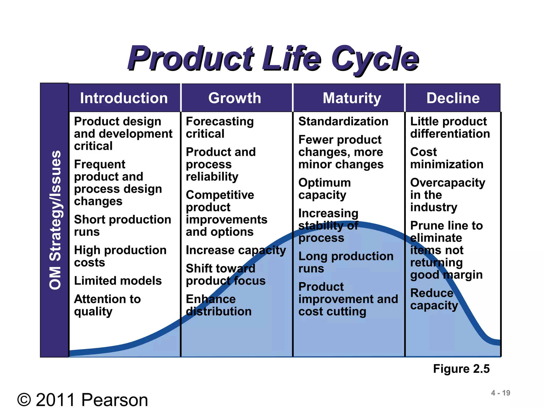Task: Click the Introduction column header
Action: pos(124,98)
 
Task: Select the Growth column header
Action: pos(235,98)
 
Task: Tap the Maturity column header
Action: pos(352,98)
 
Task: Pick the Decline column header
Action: pos(453,98)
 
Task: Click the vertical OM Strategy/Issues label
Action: pos(55,220)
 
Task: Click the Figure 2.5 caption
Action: pos(461,369)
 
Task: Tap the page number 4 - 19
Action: pos(500,393)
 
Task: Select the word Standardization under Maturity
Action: pos(343,121)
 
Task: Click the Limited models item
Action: pos(118,281)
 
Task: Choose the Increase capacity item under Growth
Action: pos(236,250)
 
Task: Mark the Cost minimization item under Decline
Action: pos(447,158)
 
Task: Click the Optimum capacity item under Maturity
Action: pos(324,189)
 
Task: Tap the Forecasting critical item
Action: pos(220,127)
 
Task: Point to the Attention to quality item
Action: pos(107,305)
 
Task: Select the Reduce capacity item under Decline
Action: pos(434,299)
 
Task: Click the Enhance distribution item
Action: pos(218,305)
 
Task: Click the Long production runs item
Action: pos(346,262)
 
